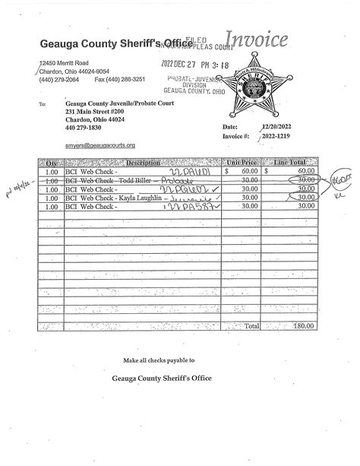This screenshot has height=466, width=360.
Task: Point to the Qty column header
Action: (x=52, y=163)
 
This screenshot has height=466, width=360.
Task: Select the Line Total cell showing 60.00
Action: (x=305, y=172)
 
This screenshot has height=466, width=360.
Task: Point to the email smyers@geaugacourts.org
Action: (x=100, y=145)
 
